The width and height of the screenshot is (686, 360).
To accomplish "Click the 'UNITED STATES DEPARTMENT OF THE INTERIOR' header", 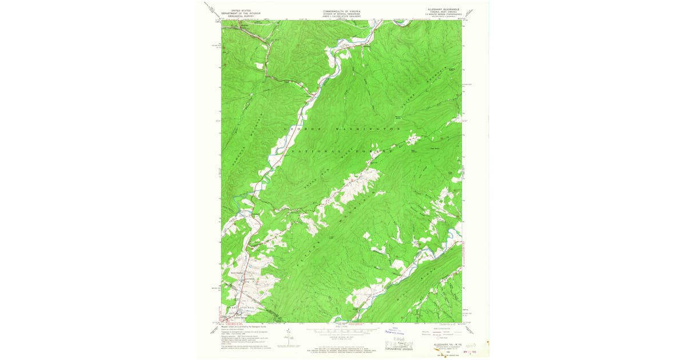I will click(241, 13).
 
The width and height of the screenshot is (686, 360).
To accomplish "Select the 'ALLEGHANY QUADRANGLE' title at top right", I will click(443, 10).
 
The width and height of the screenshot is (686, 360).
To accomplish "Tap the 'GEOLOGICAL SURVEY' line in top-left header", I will click(241, 17).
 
